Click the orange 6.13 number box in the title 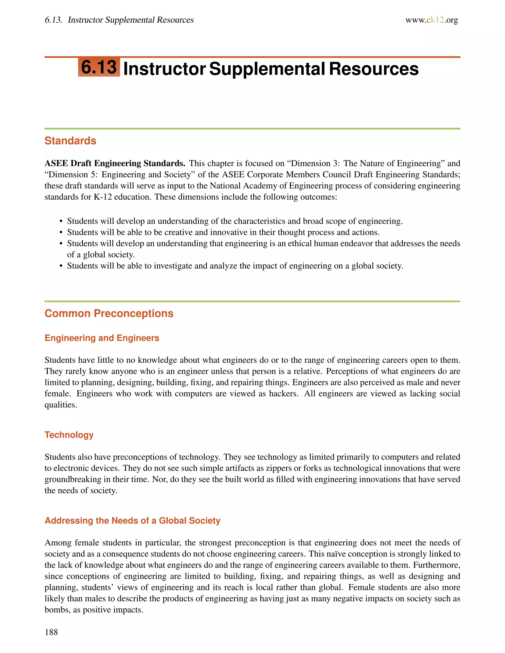click(99, 67)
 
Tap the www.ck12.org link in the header click(432, 20)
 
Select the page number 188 click(51, 632)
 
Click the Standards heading click(70, 140)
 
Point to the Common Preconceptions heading click(109, 313)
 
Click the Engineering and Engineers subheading click(102, 338)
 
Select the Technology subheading click(69, 435)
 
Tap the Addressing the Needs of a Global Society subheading click(132, 520)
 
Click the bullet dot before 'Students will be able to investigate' click(61, 266)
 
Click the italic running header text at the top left click(119, 20)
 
